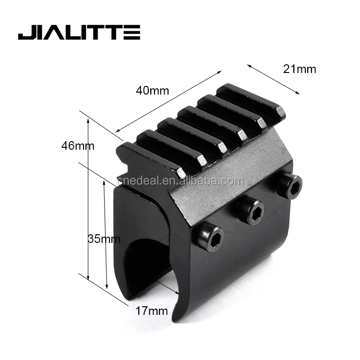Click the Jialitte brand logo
79,34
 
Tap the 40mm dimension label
153,91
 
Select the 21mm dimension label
300,69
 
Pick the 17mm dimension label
152,311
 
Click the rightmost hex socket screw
289,186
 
